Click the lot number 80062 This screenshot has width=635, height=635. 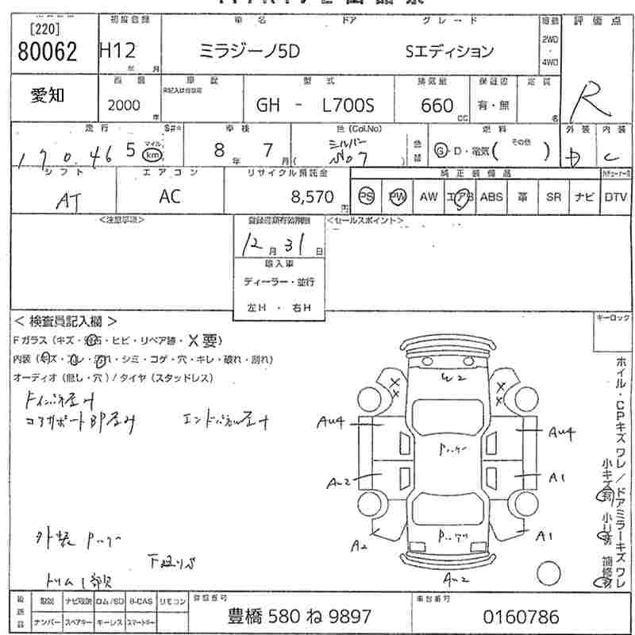47,52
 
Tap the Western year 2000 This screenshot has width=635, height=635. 123,105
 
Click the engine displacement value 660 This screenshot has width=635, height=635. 437,106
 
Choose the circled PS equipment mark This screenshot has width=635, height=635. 366,196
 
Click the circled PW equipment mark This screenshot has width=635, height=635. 396,196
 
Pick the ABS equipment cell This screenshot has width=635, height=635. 491,196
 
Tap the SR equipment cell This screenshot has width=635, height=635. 553,196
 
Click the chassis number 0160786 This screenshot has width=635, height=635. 521,616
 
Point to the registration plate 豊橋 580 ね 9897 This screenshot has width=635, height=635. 300,616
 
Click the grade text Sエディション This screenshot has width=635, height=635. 449,52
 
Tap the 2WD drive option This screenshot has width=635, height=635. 549,39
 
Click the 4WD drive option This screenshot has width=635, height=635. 549,61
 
